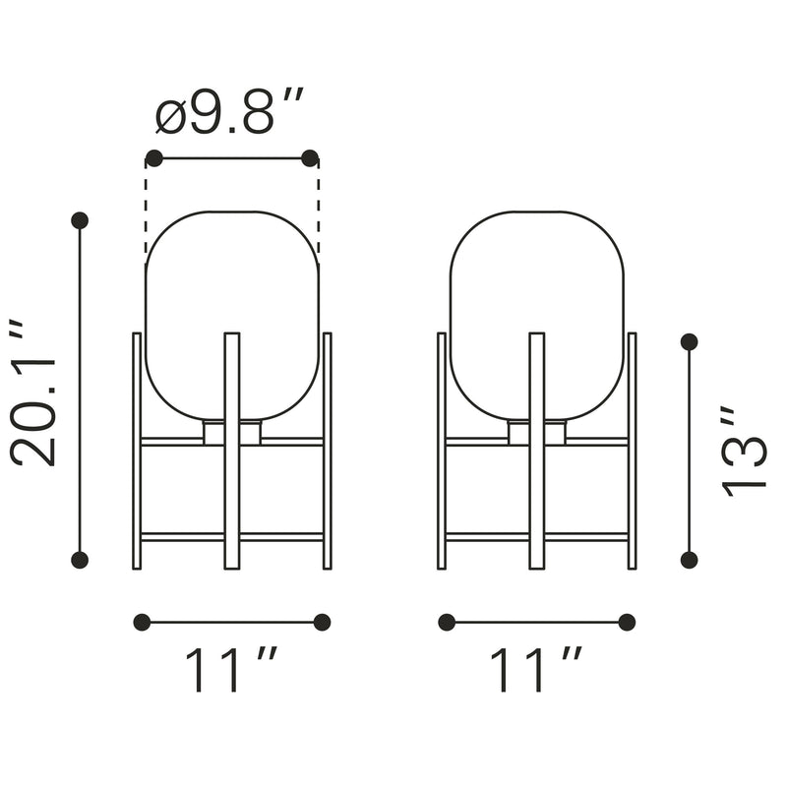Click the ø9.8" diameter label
point(230,111)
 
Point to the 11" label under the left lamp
point(231,669)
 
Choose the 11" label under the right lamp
point(535,669)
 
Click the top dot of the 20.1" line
point(80,219)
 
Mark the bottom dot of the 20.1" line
point(80,559)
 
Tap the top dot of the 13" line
point(690,341)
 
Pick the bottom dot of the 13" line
point(690,559)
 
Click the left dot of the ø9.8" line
point(154,158)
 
